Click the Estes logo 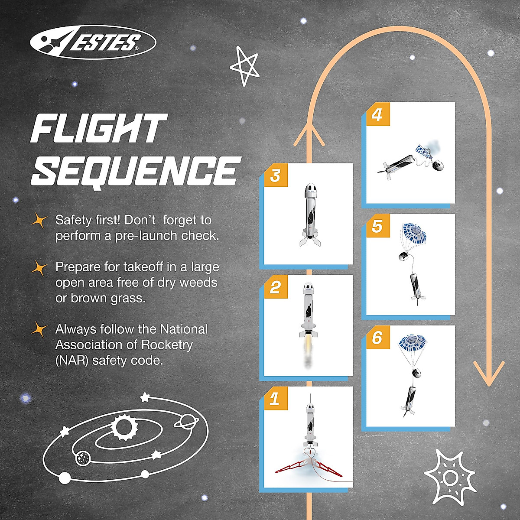[x=93, y=42]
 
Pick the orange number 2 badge [x=275, y=287]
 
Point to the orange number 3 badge [x=275, y=175]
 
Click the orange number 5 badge [x=377, y=226]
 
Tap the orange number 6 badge [x=377, y=337]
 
